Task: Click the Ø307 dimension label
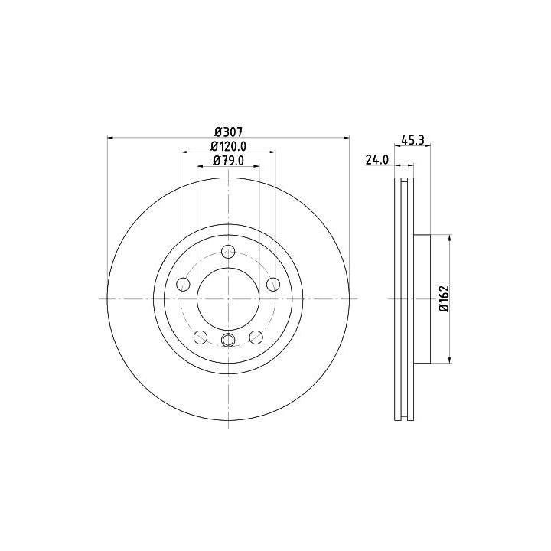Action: pos(228,132)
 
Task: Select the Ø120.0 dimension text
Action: pos(228,146)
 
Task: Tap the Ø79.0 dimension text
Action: pos(228,161)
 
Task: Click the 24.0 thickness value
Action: pos(377,160)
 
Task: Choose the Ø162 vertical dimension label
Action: pos(444,298)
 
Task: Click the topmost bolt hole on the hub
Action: pos(228,251)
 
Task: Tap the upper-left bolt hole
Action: pos(183,284)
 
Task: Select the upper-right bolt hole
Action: pos(273,284)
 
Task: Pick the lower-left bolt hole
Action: pos(201,337)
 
